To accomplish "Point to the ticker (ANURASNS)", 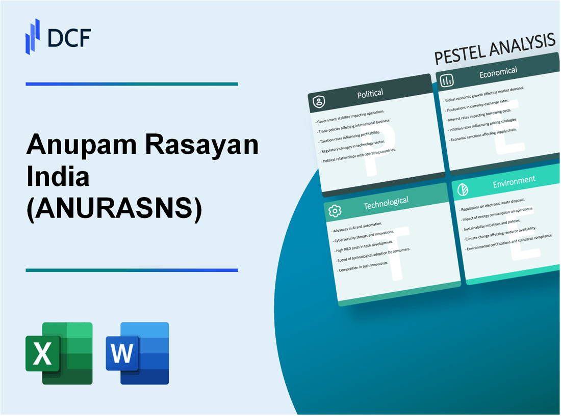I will (x=114, y=208).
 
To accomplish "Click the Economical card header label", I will (x=498, y=73).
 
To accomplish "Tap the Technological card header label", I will (x=386, y=202).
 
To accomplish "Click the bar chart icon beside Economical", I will (x=447, y=80).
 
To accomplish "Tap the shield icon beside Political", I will (x=319, y=102).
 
